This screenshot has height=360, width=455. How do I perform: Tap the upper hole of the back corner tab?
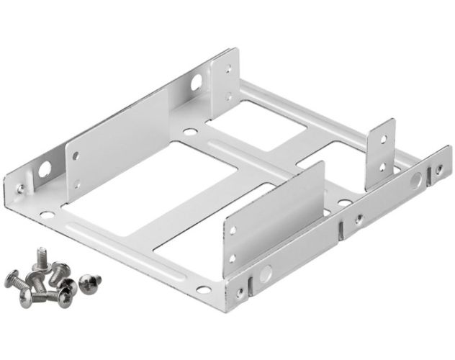coord(230,70)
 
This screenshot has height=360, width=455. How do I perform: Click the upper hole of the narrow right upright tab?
coord(384,138)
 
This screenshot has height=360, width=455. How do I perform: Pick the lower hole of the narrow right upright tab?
coord(384,170)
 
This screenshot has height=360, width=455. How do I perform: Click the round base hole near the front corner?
coord(204,289)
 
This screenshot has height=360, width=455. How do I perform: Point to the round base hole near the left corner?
coord(46,214)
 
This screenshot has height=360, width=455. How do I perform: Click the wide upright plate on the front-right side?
coord(274,217)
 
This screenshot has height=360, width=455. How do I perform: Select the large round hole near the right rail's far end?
coord(415,181)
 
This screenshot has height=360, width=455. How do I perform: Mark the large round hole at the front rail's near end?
coord(266,273)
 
